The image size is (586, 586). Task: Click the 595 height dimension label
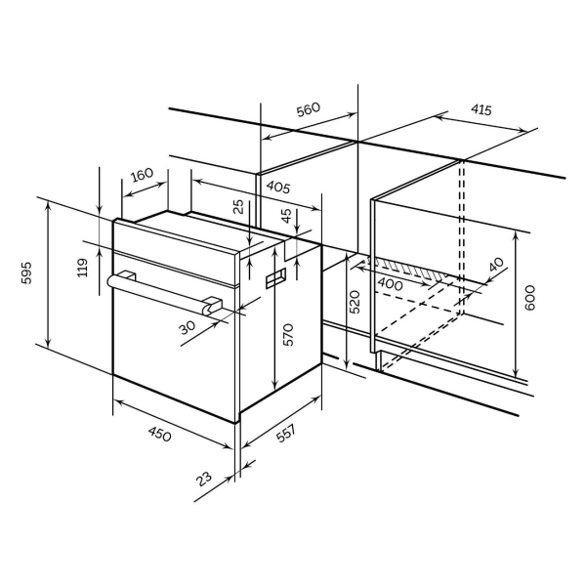(26, 273)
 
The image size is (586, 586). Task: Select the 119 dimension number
(82, 268)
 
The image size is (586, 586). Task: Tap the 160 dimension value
(143, 175)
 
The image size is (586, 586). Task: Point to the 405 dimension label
(278, 188)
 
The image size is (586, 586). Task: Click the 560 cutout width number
(309, 108)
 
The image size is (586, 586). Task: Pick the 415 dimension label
(481, 109)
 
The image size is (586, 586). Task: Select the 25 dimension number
(238, 207)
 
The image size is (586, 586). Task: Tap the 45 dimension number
(286, 216)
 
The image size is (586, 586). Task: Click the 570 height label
(288, 334)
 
